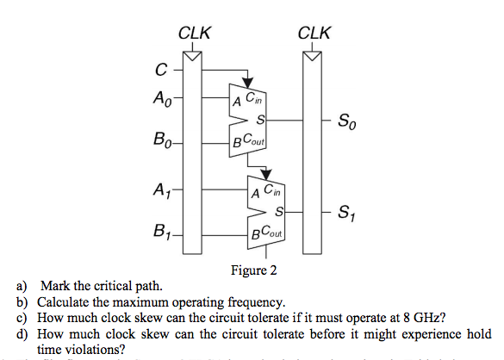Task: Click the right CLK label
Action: click(x=313, y=34)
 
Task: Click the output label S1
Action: click(x=346, y=211)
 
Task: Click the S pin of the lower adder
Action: click(x=278, y=211)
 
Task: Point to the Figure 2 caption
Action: click(x=254, y=270)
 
